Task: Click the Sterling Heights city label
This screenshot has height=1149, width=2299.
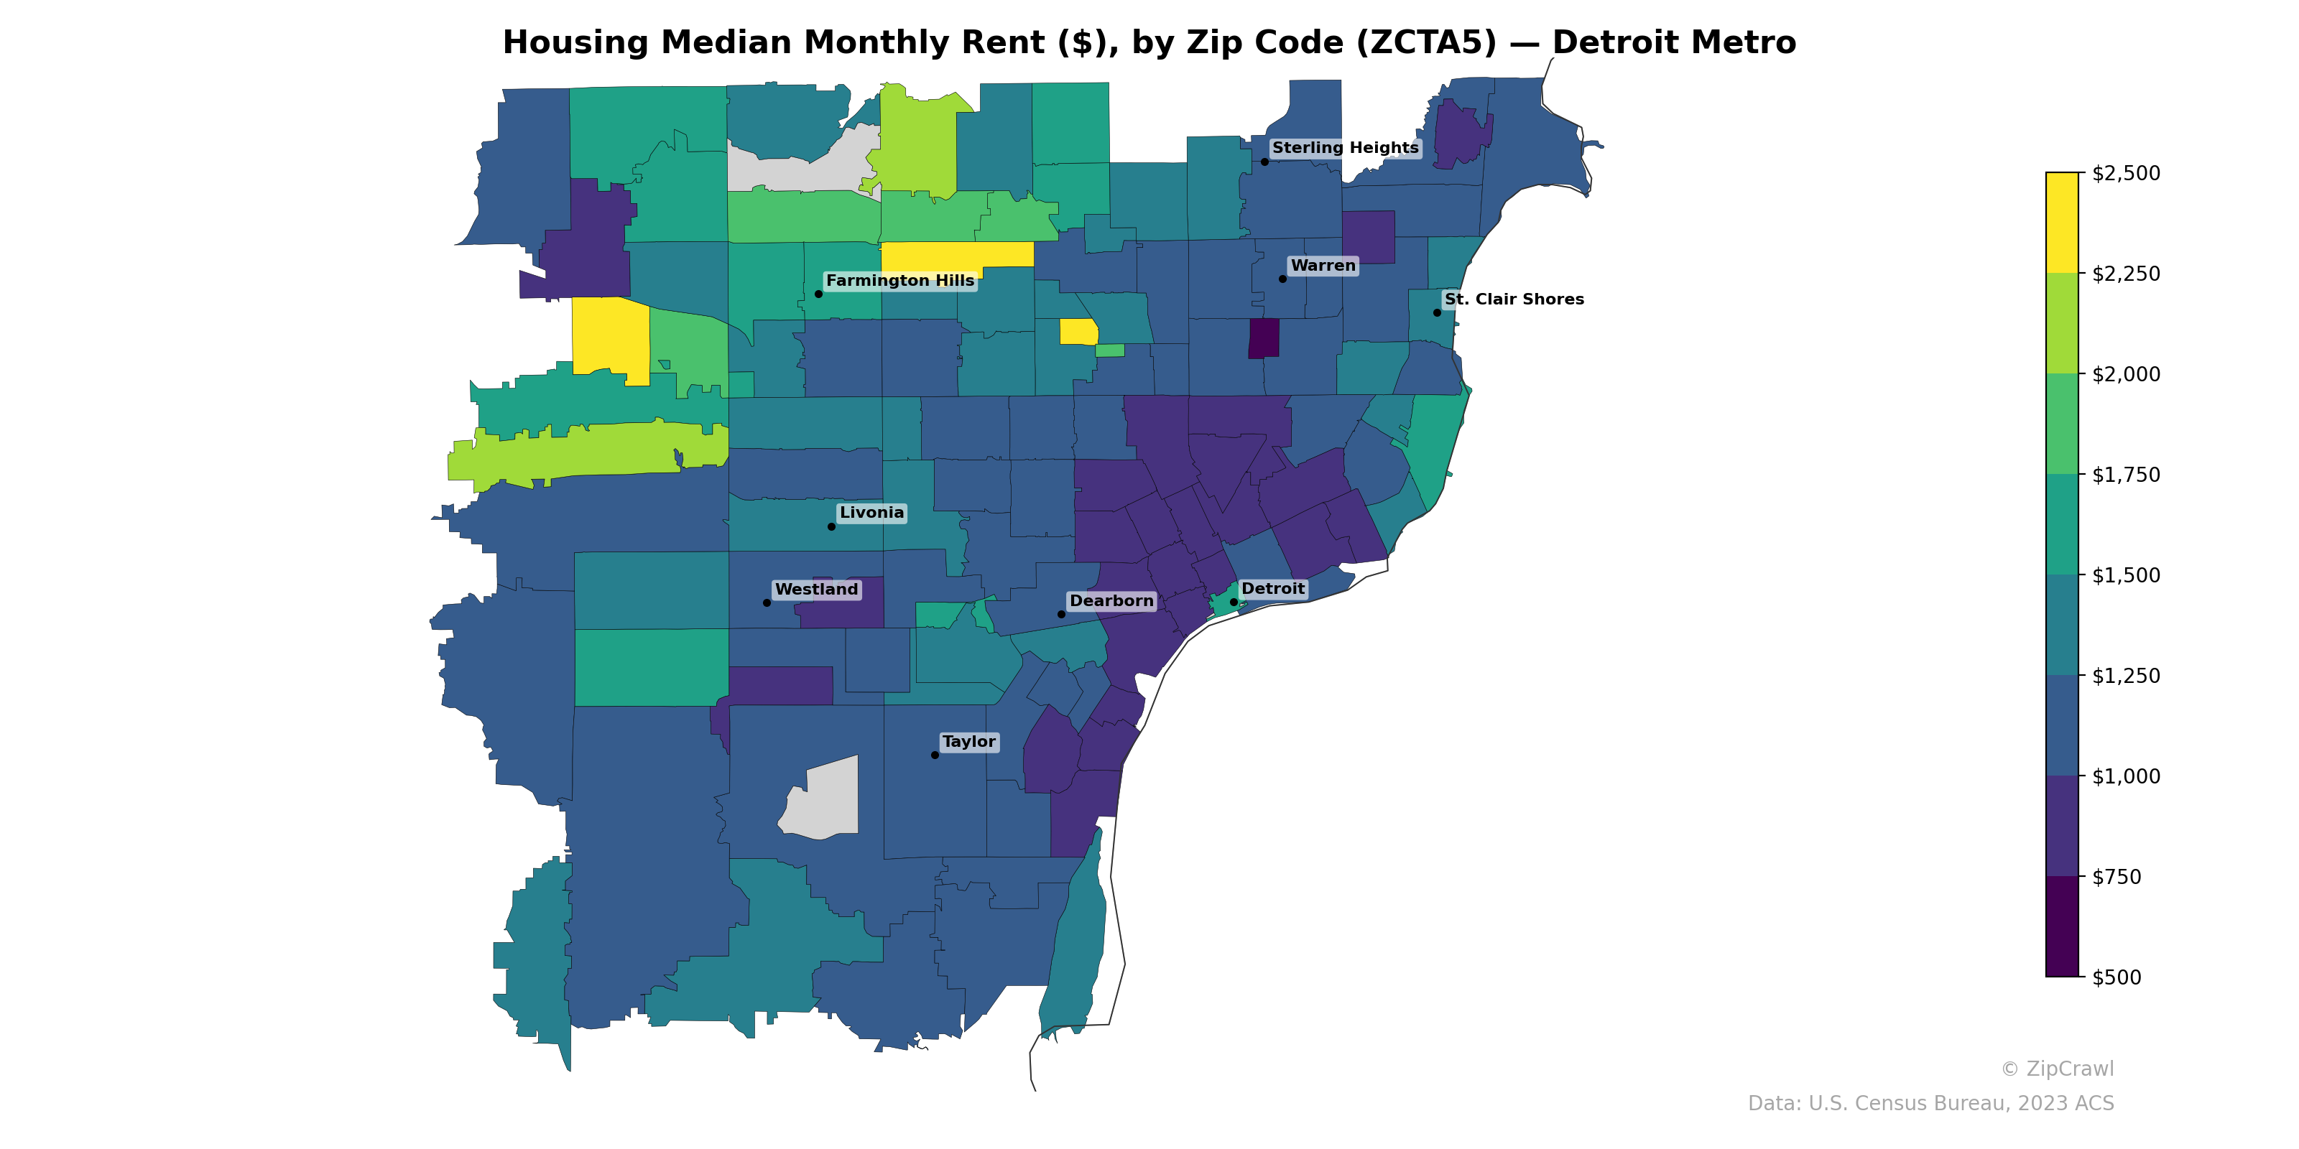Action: pos(1344,148)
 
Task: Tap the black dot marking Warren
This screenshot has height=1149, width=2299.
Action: pos(1282,279)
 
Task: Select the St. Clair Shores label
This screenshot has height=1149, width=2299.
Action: pos(1514,299)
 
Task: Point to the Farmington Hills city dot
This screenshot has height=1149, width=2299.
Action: pos(818,294)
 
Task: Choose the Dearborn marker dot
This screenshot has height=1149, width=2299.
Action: pos(1061,614)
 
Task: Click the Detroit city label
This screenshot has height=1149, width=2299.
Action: pos(1272,589)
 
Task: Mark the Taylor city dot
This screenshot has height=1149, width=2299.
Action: pos(935,755)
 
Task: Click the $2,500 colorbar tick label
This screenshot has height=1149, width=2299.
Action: pos(2126,173)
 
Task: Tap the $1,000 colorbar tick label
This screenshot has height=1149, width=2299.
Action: pos(2126,776)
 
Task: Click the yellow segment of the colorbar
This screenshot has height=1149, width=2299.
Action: pos(2062,223)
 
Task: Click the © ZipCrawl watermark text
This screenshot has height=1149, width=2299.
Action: pos(2056,1069)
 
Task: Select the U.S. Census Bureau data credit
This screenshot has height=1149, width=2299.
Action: pos(1930,1104)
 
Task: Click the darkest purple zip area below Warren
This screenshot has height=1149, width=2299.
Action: pos(1263,339)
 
